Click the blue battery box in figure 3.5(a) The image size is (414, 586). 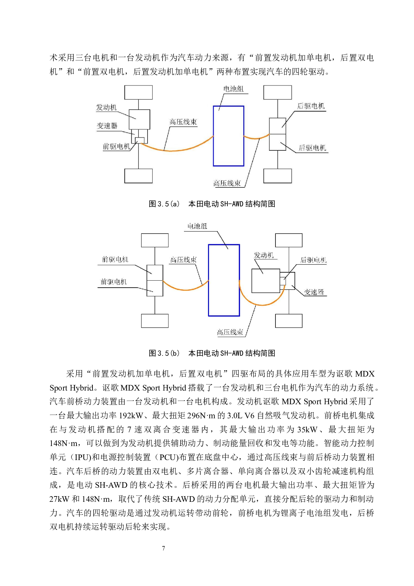[228, 136]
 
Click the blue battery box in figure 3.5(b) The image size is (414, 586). [224, 280]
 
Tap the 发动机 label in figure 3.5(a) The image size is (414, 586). [107, 107]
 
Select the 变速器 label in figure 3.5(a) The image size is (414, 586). [107, 126]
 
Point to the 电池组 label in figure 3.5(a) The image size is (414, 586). [233, 89]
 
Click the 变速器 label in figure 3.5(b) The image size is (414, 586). [314, 292]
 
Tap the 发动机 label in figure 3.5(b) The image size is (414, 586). [264, 255]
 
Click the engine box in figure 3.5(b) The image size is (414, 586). [265, 281]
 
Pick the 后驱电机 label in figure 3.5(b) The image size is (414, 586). [313, 260]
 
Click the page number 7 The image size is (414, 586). [163, 548]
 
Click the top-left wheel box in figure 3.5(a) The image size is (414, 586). [138, 92]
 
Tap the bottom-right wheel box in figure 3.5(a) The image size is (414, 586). [277, 176]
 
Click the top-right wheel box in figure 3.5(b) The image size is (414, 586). [288, 240]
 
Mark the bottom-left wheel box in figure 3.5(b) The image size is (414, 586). [155, 321]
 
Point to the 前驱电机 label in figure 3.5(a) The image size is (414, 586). [116, 146]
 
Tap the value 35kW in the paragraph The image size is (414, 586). [307, 429]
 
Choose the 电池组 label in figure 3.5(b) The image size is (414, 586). [197, 226]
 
